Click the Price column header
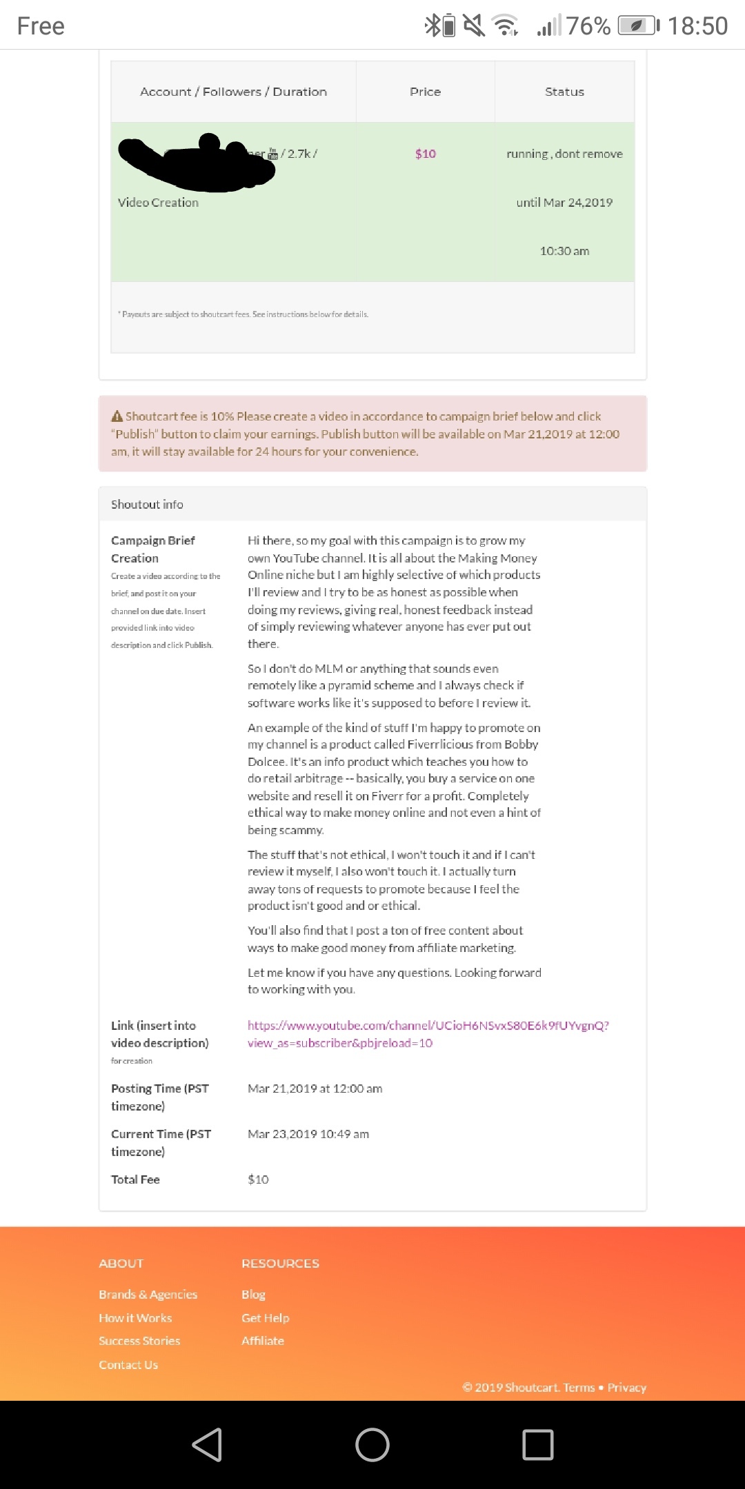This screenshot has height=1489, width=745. pyautogui.click(x=425, y=92)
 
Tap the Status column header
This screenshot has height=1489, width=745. pyautogui.click(x=564, y=92)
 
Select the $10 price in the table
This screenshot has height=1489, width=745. pyautogui.click(x=425, y=154)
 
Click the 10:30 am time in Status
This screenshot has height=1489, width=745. pyautogui.click(x=564, y=251)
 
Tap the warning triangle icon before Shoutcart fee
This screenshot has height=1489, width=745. pyautogui.click(x=117, y=416)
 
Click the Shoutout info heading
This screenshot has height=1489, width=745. pyautogui.click(x=147, y=505)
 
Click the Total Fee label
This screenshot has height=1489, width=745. pyautogui.click(x=135, y=1179)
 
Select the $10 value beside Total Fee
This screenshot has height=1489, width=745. pyautogui.click(x=258, y=1179)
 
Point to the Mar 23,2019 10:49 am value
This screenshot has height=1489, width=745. pyautogui.click(x=308, y=1134)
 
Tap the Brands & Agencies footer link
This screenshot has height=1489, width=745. pyautogui.click(x=148, y=1295)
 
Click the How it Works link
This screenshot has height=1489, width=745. pyautogui.click(x=135, y=1318)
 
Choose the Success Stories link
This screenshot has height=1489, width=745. pyautogui.click(x=139, y=1341)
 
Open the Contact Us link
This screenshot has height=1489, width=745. pyautogui.click(x=128, y=1365)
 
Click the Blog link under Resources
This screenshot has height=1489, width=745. pyautogui.click(x=253, y=1295)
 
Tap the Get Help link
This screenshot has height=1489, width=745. pyautogui.click(x=265, y=1318)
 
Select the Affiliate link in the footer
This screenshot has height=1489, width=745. pyautogui.click(x=262, y=1341)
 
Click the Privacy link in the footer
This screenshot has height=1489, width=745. pyautogui.click(x=626, y=1388)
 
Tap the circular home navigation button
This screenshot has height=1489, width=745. pyautogui.click(x=372, y=1444)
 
